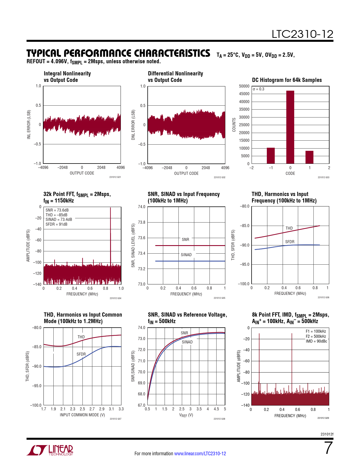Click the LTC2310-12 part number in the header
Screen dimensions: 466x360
(302, 34)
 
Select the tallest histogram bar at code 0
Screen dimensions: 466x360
(290, 127)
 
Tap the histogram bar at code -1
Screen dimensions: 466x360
(271, 156)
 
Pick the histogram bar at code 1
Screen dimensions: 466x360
(309, 157)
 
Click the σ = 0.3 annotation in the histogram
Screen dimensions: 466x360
(259, 89)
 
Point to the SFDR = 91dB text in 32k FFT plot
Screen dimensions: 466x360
(56, 224)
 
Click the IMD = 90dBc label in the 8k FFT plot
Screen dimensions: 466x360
(316, 341)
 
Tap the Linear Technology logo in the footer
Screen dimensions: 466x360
(50, 450)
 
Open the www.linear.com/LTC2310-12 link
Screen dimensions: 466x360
(200, 454)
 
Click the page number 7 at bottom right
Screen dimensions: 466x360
(328, 448)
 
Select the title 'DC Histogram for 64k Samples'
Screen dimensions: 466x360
(287, 80)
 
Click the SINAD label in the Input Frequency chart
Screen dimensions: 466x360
(186, 255)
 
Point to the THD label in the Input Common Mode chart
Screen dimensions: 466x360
(81, 337)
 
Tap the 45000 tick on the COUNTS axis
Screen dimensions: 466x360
(244, 94)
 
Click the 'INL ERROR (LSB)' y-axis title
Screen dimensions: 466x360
(29, 125)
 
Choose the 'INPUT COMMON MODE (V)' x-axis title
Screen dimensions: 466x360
(82, 415)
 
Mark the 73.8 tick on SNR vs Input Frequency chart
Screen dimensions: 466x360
(141, 222)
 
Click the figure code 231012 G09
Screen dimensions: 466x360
(323, 418)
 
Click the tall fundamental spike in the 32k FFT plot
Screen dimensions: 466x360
(110, 234)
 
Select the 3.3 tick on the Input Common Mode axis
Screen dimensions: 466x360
(121, 409)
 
